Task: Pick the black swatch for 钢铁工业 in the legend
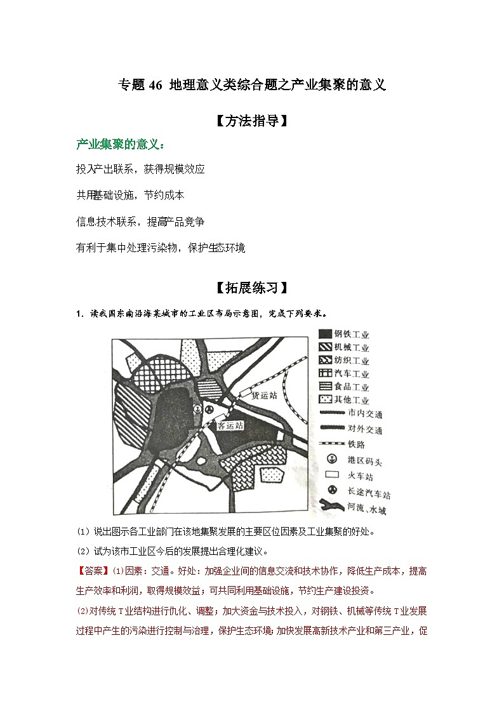[x=326, y=335]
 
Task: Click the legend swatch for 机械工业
[x=326, y=347]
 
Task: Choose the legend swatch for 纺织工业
[x=326, y=361]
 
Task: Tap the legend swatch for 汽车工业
[x=326, y=374]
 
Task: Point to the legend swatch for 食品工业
[x=326, y=387]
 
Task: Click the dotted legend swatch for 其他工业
[x=326, y=399]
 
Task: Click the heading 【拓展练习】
[x=253, y=288]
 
